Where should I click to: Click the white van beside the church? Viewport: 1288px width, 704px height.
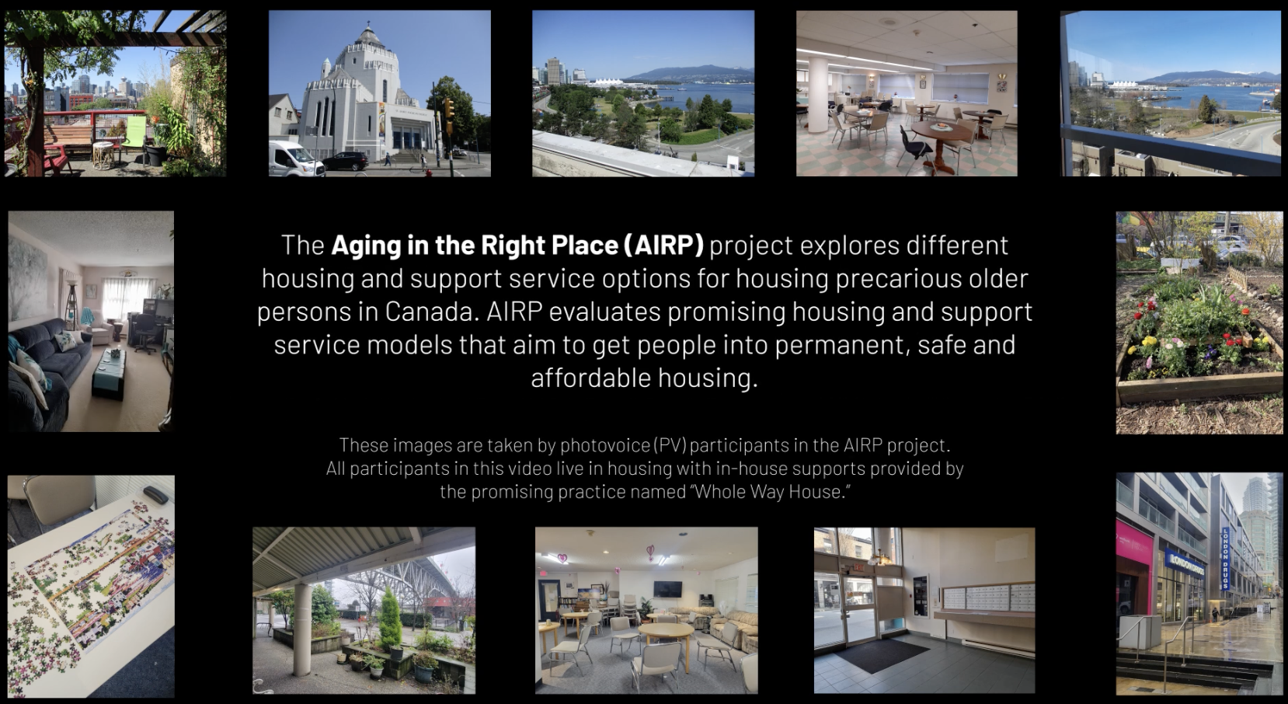(x=296, y=159)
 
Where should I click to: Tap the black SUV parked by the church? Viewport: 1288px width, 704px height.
(x=345, y=161)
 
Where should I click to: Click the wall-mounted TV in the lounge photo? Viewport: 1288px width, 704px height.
(x=667, y=589)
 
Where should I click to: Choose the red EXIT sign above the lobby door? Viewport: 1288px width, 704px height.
(x=858, y=567)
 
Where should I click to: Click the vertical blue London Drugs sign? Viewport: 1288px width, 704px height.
(x=1225, y=559)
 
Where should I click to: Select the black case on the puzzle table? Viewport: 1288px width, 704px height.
(x=155, y=495)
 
